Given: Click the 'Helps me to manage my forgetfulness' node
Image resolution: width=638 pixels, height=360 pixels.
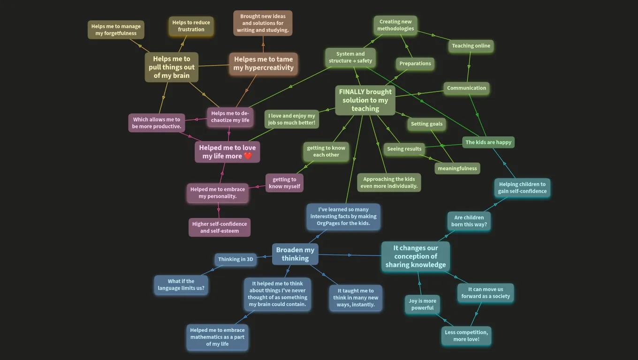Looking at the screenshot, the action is (116, 30).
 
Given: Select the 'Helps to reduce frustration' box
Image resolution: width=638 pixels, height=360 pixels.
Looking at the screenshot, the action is (191, 26).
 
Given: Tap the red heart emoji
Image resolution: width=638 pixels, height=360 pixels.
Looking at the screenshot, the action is (248, 156).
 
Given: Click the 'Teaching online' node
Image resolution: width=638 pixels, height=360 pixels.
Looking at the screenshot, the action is (471, 46).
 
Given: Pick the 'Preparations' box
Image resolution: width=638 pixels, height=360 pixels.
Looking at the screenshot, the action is (415, 63).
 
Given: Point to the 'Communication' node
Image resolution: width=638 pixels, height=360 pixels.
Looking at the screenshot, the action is (466, 88).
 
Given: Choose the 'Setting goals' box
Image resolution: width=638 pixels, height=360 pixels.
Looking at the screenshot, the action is (427, 124).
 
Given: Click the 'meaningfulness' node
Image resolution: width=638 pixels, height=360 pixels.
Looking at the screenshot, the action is (457, 168).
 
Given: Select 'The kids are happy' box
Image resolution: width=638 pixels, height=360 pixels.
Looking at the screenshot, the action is (488, 142).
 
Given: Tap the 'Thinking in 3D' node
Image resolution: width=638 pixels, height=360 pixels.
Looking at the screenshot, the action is (235, 259).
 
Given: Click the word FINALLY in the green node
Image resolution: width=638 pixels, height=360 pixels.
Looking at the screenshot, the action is (351, 91).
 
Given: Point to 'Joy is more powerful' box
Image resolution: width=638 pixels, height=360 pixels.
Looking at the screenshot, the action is (422, 304).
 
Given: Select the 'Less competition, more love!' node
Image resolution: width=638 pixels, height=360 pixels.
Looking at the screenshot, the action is (466, 336).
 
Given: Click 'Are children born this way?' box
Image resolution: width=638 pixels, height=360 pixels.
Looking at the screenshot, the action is (469, 221).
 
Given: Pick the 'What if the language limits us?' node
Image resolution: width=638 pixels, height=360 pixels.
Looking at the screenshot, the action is (181, 285).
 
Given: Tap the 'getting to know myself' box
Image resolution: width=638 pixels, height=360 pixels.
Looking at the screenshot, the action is (285, 183).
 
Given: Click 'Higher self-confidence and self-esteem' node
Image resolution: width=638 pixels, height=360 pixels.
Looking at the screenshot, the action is (220, 227).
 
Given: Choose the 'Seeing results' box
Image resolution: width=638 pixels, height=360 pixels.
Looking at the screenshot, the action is (404, 149).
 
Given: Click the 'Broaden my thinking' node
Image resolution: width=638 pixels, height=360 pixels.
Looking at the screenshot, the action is (295, 254).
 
